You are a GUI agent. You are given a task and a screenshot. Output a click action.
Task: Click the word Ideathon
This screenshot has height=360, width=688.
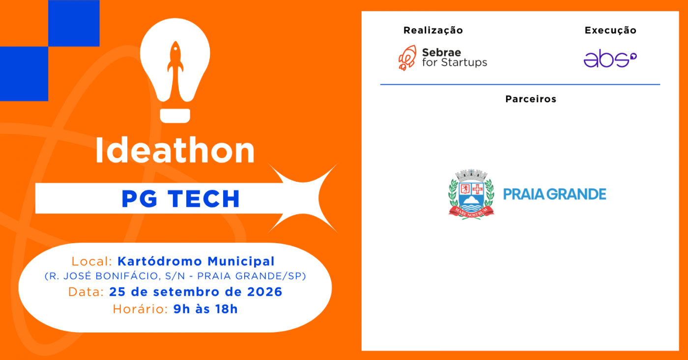coord(175,151)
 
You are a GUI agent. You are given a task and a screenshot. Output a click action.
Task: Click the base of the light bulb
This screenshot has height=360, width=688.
coord(175,116)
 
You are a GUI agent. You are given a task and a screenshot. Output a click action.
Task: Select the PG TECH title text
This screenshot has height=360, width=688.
coord(181,198)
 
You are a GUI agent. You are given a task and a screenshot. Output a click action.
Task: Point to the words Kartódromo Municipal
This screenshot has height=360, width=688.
coord(196,261)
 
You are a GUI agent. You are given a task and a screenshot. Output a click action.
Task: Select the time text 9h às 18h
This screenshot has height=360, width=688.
coord(205,309)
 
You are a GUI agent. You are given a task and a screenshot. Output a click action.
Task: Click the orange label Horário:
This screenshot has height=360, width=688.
coord(140,309)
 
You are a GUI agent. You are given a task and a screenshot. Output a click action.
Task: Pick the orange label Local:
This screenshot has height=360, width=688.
coord(92,261)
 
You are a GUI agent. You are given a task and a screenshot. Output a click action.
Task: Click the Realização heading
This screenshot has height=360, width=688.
coord(433,30)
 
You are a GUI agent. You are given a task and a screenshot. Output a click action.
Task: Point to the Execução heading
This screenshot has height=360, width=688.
coord(610,30)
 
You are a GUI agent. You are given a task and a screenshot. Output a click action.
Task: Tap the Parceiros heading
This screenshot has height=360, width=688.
coord(531,99)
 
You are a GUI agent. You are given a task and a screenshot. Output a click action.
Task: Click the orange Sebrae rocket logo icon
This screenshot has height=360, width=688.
coord(407,58)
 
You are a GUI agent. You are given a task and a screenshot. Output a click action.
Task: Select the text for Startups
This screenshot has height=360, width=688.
coord(455,62)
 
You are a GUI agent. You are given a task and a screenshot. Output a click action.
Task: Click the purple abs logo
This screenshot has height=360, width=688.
coord(610,58)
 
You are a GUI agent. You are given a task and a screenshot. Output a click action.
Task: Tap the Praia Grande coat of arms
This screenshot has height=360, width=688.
coord(471,194)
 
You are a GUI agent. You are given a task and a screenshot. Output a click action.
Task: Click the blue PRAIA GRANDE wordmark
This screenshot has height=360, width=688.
coord(555,194)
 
